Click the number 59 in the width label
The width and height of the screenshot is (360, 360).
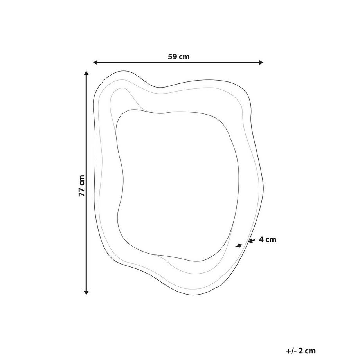pyautogui.click(x=172, y=56)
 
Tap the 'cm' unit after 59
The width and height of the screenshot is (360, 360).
pyautogui.click(x=184, y=57)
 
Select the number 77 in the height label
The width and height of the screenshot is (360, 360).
pyautogui.click(x=82, y=192)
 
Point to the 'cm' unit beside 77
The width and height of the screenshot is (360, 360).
pyautogui.click(x=82, y=180)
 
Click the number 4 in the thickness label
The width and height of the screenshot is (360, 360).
pyautogui.click(x=261, y=239)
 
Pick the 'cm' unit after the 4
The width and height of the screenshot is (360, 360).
pyautogui.click(x=271, y=240)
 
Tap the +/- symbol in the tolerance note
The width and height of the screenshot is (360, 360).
pyautogui.click(x=292, y=351)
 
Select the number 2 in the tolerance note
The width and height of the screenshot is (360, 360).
pyautogui.click(x=301, y=351)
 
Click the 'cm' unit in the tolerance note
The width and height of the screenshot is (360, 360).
pyautogui.click(x=311, y=351)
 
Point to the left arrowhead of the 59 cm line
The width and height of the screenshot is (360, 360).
pyautogui.click(x=95, y=62)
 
